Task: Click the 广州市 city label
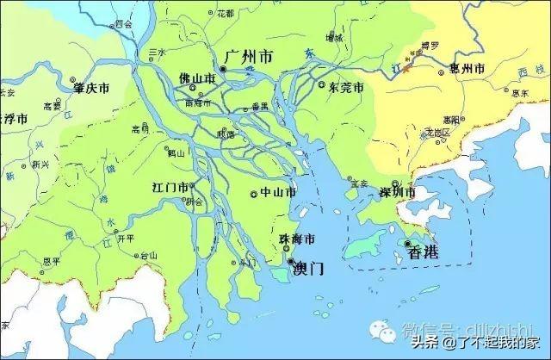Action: coord(248,57)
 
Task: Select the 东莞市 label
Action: coord(346,87)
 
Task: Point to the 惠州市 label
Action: coord(467,67)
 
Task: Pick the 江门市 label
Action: coord(170,187)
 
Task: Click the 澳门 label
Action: coord(308,268)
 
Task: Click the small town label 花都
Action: coord(225,14)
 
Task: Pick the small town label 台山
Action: coord(150,255)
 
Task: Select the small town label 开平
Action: coord(126,239)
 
